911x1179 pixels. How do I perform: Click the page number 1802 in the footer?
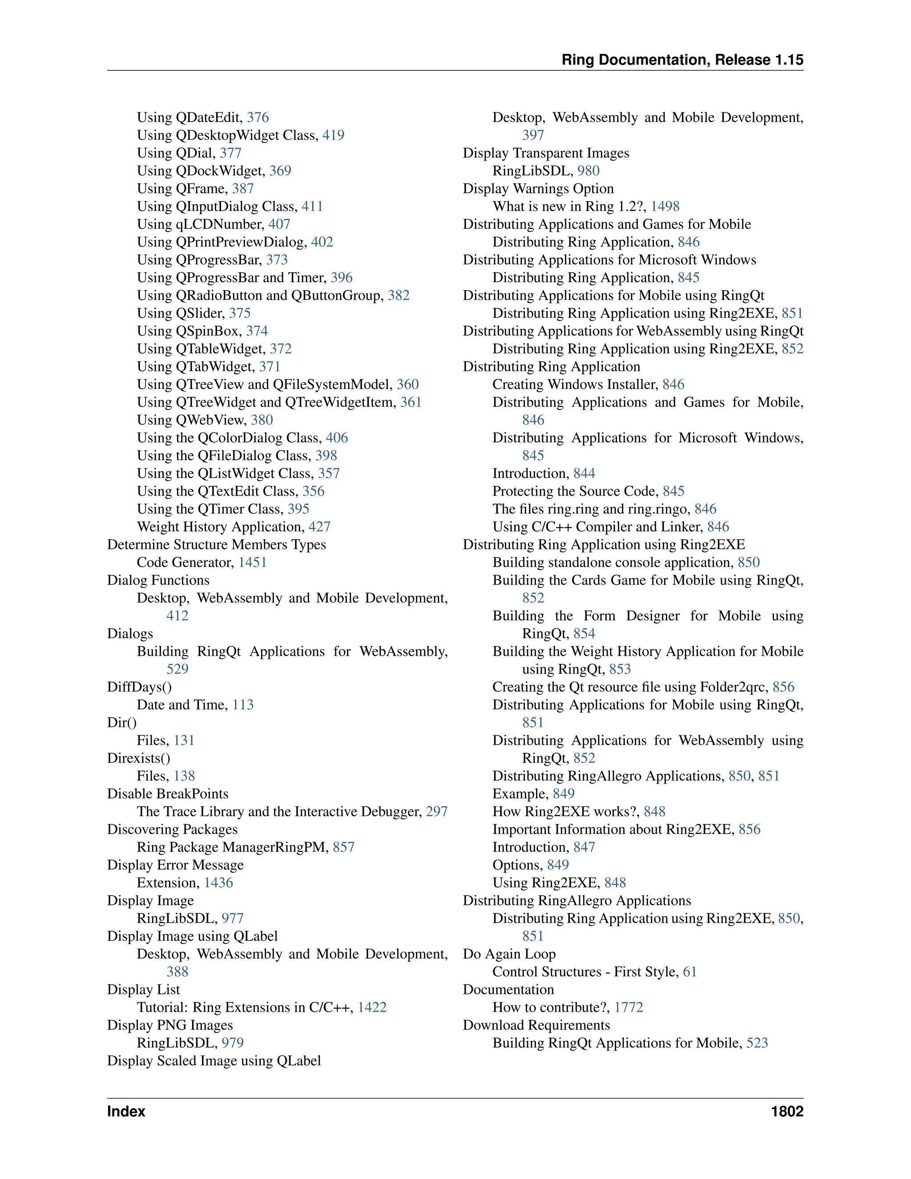coord(787,1111)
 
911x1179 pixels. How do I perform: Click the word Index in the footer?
coord(126,1111)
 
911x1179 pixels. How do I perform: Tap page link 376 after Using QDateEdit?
coord(258,118)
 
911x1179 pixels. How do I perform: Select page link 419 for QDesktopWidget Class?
coord(333,136)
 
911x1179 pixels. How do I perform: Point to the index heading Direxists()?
coord(139,759)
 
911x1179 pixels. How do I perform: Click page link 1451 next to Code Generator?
coord(253,562)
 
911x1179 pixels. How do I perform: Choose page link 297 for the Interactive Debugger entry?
coord(437,812)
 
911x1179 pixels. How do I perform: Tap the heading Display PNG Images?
coord(170,1025)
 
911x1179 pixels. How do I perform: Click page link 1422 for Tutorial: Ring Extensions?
coord(372,1007)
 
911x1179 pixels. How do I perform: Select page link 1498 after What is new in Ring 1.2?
coord(665,207)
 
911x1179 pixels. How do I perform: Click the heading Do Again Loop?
coord(509,954)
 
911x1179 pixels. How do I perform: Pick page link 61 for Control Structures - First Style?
coord(690,972)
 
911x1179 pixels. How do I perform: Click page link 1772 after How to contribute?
coord(629,1007)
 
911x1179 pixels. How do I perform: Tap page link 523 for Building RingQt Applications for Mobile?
coord(757,1043)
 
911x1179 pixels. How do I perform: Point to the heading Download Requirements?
coord(536,1025)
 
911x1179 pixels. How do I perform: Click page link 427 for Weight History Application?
coord(319,527)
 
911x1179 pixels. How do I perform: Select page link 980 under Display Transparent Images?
coord(588,171)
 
